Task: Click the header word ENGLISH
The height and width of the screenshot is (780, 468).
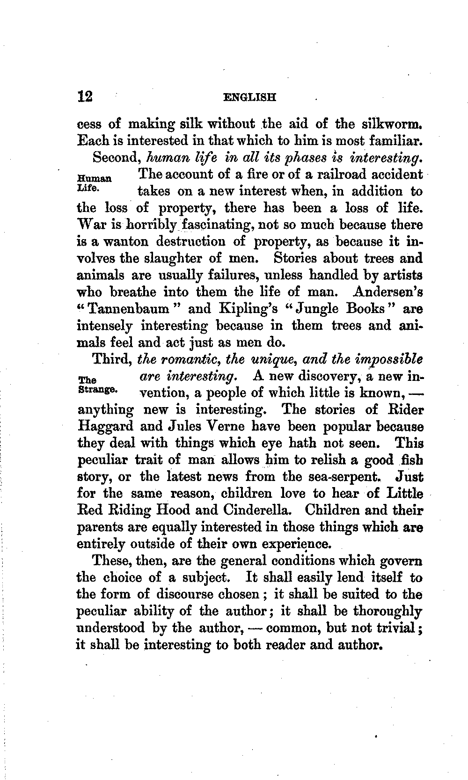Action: click(250, 98)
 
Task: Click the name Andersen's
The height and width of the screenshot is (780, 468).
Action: click(388, 292)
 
